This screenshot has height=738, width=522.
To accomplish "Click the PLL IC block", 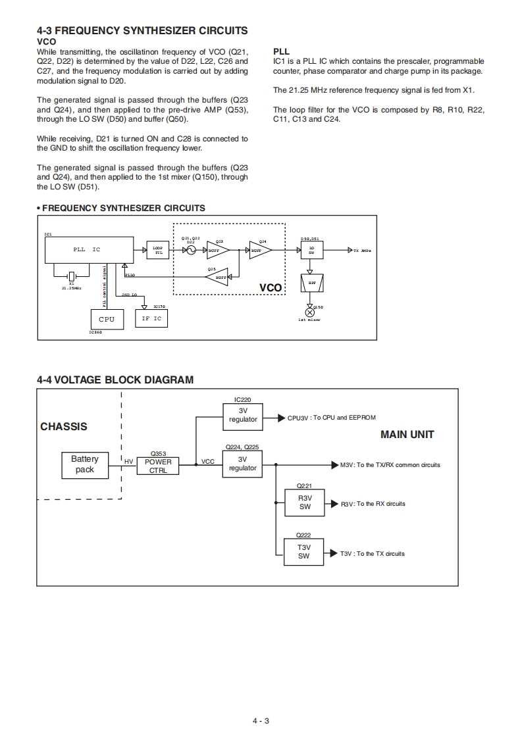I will point(87,250).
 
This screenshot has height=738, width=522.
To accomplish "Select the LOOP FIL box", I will point(158,250).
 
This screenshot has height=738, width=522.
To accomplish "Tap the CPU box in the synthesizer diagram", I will point(106,319).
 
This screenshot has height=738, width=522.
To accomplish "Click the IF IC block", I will point(151,318).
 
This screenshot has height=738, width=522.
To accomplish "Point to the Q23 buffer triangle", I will point(217,250).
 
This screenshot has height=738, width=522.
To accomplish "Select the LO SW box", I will point(311,250).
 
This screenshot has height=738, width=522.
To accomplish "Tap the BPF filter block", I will point(311,283).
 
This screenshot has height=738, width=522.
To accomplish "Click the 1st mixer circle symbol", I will point(311,312).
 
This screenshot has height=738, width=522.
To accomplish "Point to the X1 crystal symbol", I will point(71,276).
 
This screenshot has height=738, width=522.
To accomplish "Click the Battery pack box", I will point(85,464).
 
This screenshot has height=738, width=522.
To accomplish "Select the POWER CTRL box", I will point(158,466).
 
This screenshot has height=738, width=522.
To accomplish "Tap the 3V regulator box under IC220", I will point(243,416).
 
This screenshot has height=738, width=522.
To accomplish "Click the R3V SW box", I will point(303,503).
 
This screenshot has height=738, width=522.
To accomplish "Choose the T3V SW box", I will point(303,552).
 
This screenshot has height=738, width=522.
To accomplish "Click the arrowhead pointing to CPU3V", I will point(282,418).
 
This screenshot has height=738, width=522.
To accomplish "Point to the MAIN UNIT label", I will point(407,434).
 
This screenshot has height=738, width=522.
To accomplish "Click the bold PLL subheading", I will point(281,51).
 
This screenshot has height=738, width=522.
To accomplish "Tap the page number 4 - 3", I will point(261,721).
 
